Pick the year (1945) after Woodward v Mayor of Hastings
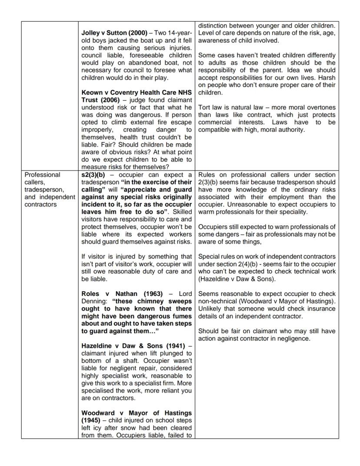[92, 420]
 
